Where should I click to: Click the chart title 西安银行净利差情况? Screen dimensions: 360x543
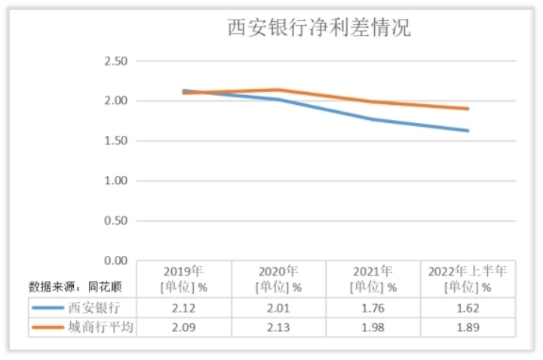319,29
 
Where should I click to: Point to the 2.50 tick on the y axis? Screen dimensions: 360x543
116,61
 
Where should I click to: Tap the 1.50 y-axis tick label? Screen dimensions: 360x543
116,141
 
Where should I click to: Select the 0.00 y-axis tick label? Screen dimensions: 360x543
116,260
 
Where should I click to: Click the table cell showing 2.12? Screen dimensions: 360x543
184,308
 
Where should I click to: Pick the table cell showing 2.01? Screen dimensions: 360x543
278,308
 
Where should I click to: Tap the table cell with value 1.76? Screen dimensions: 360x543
373,308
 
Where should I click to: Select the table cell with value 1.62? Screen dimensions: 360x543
468,308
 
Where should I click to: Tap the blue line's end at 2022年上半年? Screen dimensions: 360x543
468,131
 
